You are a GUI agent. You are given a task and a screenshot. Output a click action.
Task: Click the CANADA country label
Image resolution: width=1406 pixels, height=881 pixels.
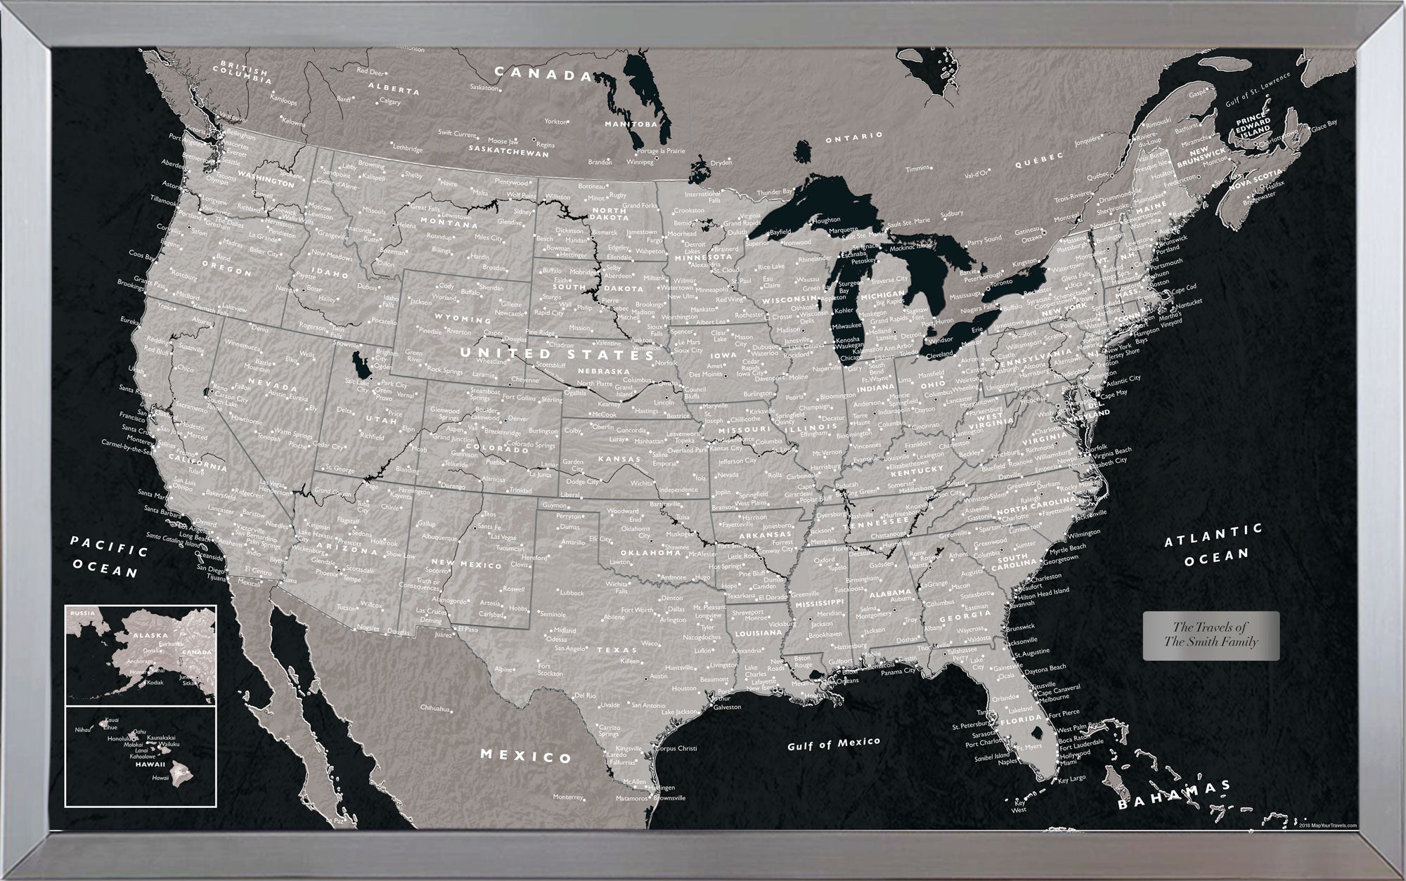click(x=543, y=73)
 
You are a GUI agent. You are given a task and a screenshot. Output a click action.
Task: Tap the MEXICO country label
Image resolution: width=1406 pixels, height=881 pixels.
click(x=526, y=756)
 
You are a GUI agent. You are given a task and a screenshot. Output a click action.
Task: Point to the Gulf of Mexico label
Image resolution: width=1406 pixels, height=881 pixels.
click(x=833, y=743)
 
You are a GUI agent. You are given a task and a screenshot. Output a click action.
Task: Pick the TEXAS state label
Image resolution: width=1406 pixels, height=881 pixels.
click(x=617, y=651)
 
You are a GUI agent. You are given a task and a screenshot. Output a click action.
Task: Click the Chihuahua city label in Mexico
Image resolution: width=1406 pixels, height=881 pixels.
click(x=436, y=708)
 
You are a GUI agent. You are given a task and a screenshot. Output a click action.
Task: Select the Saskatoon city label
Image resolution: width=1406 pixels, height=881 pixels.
click(x=484, y=89)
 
